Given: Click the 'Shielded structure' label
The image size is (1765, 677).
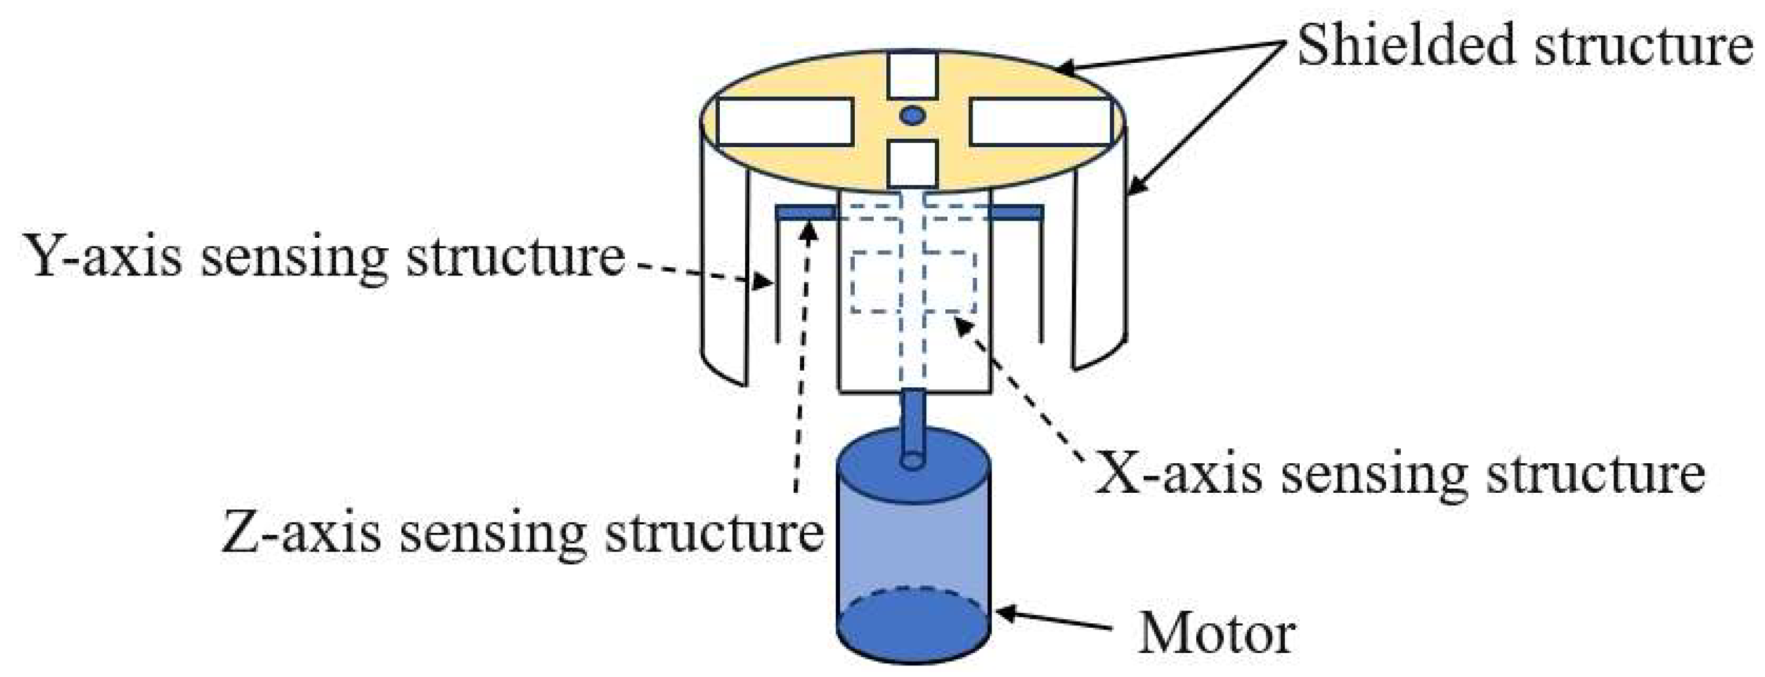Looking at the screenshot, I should [1525, 44].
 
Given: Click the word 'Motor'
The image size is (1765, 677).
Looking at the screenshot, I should [1216, 634].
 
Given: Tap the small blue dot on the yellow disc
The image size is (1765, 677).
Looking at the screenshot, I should [912, 116].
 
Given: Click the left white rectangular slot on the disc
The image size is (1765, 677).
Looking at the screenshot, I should [785, 121].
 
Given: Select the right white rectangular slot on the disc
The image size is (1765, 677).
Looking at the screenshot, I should [1040, 121].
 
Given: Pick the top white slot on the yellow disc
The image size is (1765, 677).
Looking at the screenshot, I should [912, 75].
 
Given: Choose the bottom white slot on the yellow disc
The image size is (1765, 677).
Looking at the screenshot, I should [912, 163].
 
